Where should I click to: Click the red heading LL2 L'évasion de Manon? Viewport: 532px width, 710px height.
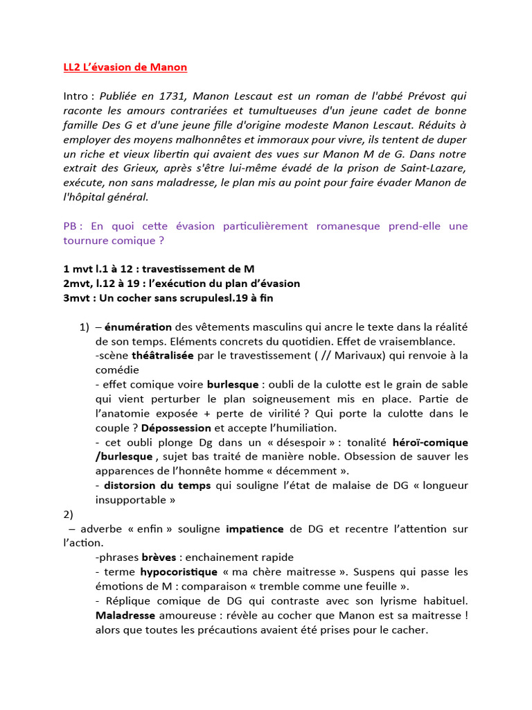[121, 67]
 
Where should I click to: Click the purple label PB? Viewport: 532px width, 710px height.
[72, 226]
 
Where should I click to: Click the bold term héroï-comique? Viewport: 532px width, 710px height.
[430, 442]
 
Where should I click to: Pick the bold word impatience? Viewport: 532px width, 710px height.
[255, 529]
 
